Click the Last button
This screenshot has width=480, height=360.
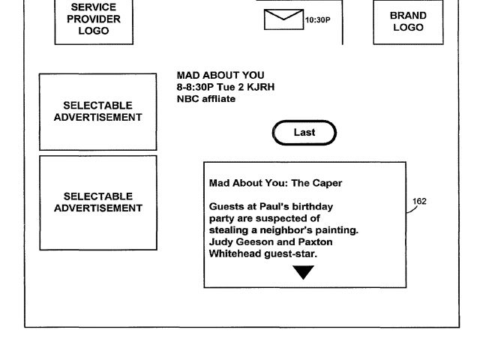click(304, 133)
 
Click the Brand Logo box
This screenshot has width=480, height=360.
click(408, 21)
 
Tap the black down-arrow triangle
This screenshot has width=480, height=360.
click(303, 271)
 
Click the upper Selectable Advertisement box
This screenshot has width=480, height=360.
click(97, 111)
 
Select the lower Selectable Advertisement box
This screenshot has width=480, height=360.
click(97, 202)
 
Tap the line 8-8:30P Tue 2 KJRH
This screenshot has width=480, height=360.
click(225, 87)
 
